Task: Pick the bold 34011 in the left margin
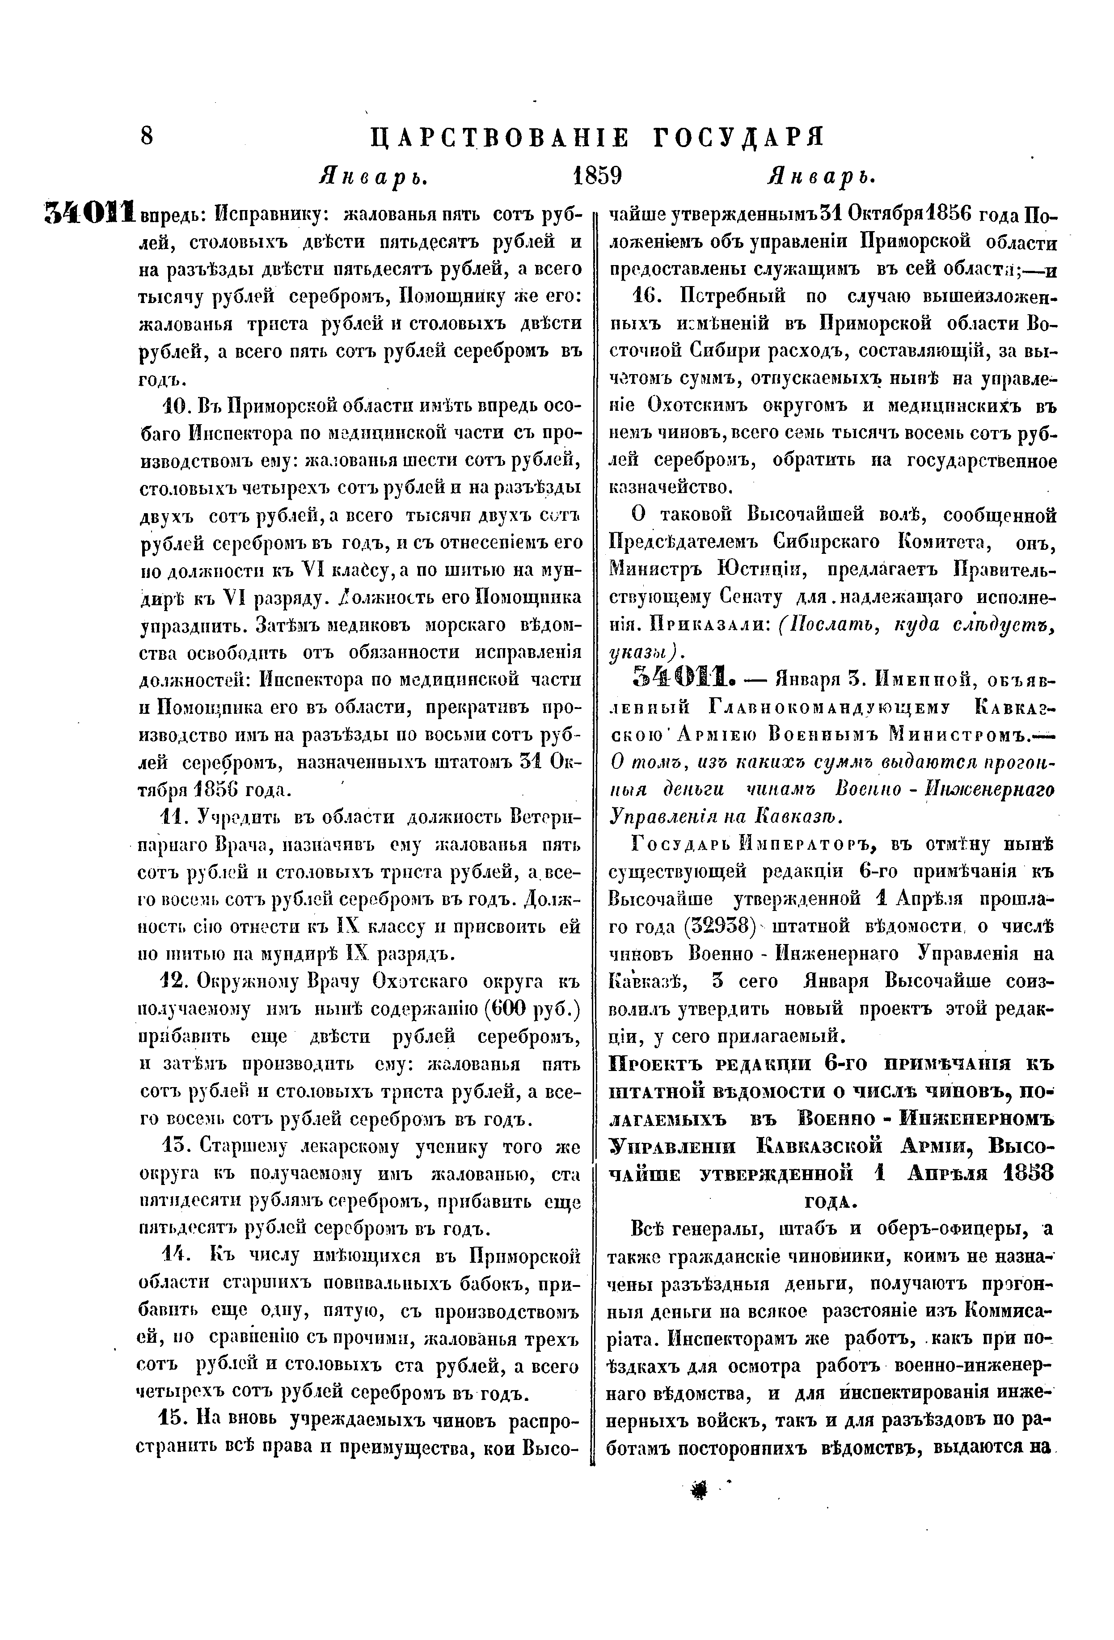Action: [x=90, y=212]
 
